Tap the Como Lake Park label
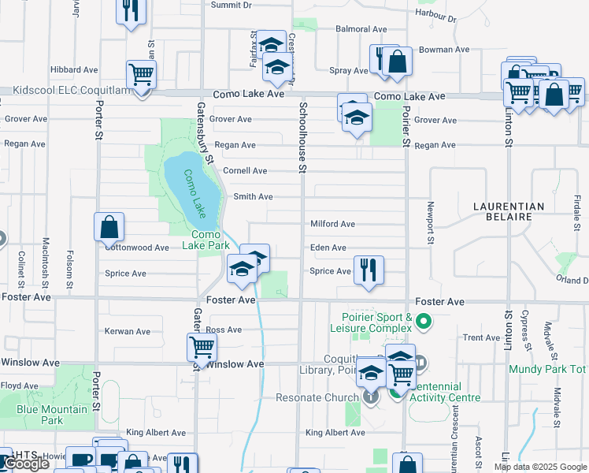click(206, 240)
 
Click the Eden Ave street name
click(328, 248)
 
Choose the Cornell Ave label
click(245, 170)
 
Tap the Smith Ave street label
click(253, 196)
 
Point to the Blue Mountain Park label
click(52, 415)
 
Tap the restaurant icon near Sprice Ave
click(369, 270)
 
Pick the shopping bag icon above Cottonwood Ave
click(109, 228)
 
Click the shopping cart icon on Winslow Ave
click(202, 347)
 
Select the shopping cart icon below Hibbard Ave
click(142, 75)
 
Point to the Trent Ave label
click(482, 337)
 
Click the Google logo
click(26, 464)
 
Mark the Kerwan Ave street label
click(127, 332)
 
